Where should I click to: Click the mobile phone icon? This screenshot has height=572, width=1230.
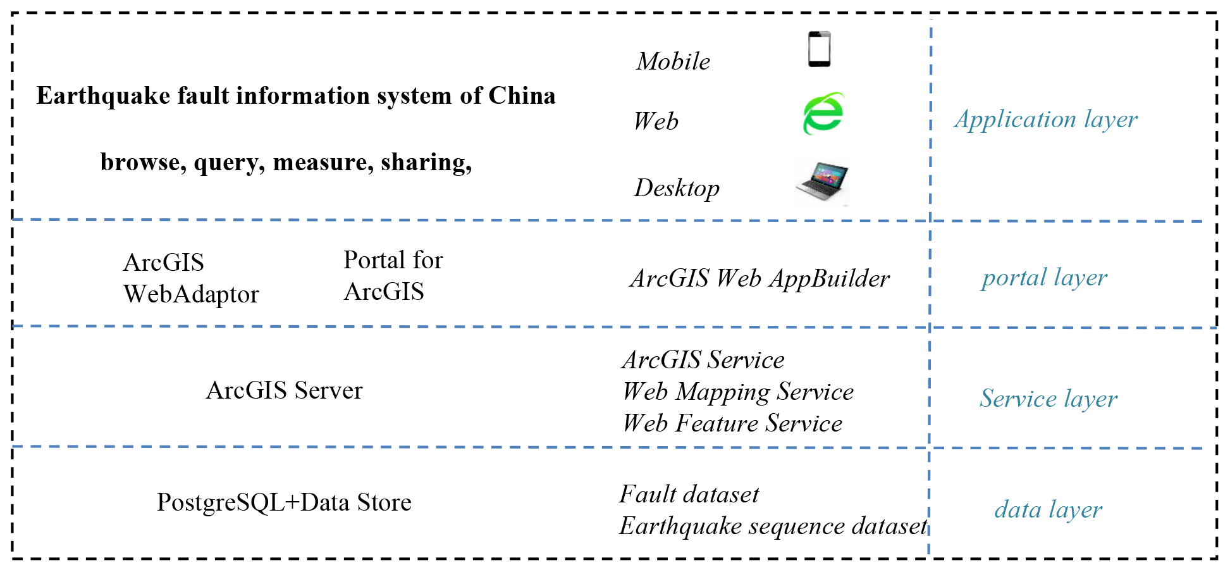tap(819, 49)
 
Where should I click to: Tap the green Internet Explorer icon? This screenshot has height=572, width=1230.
tap(823, 114)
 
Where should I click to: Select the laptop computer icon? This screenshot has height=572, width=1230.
tap(821, 183)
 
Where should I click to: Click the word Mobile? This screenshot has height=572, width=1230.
tap(673, 61)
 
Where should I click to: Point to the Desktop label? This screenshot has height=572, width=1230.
tap(677, 188)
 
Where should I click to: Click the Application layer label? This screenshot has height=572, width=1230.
tap(1045, 120)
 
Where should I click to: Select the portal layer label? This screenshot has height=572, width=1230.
tap(1044, 278)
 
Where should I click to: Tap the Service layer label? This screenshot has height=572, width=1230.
tap(1048, 399)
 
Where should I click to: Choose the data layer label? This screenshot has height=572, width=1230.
tap(1048, 509)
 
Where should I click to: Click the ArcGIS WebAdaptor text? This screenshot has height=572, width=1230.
tap(190, 278)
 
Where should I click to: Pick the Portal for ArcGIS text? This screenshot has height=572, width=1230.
tap(393, 276)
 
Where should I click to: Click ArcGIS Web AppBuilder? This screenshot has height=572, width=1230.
tap(760, 278)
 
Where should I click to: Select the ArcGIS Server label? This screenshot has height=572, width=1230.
tap(284, 390)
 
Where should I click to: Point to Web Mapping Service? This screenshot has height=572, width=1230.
tap(738, 392)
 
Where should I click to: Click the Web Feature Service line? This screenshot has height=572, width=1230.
tap(732, 423)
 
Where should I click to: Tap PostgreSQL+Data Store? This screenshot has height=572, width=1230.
tap(284, 502)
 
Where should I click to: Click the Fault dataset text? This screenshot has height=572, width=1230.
tap(689, 494)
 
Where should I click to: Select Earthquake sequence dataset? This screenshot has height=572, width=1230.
tap(773, 526)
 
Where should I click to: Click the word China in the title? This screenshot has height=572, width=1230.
tap(522, 96)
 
